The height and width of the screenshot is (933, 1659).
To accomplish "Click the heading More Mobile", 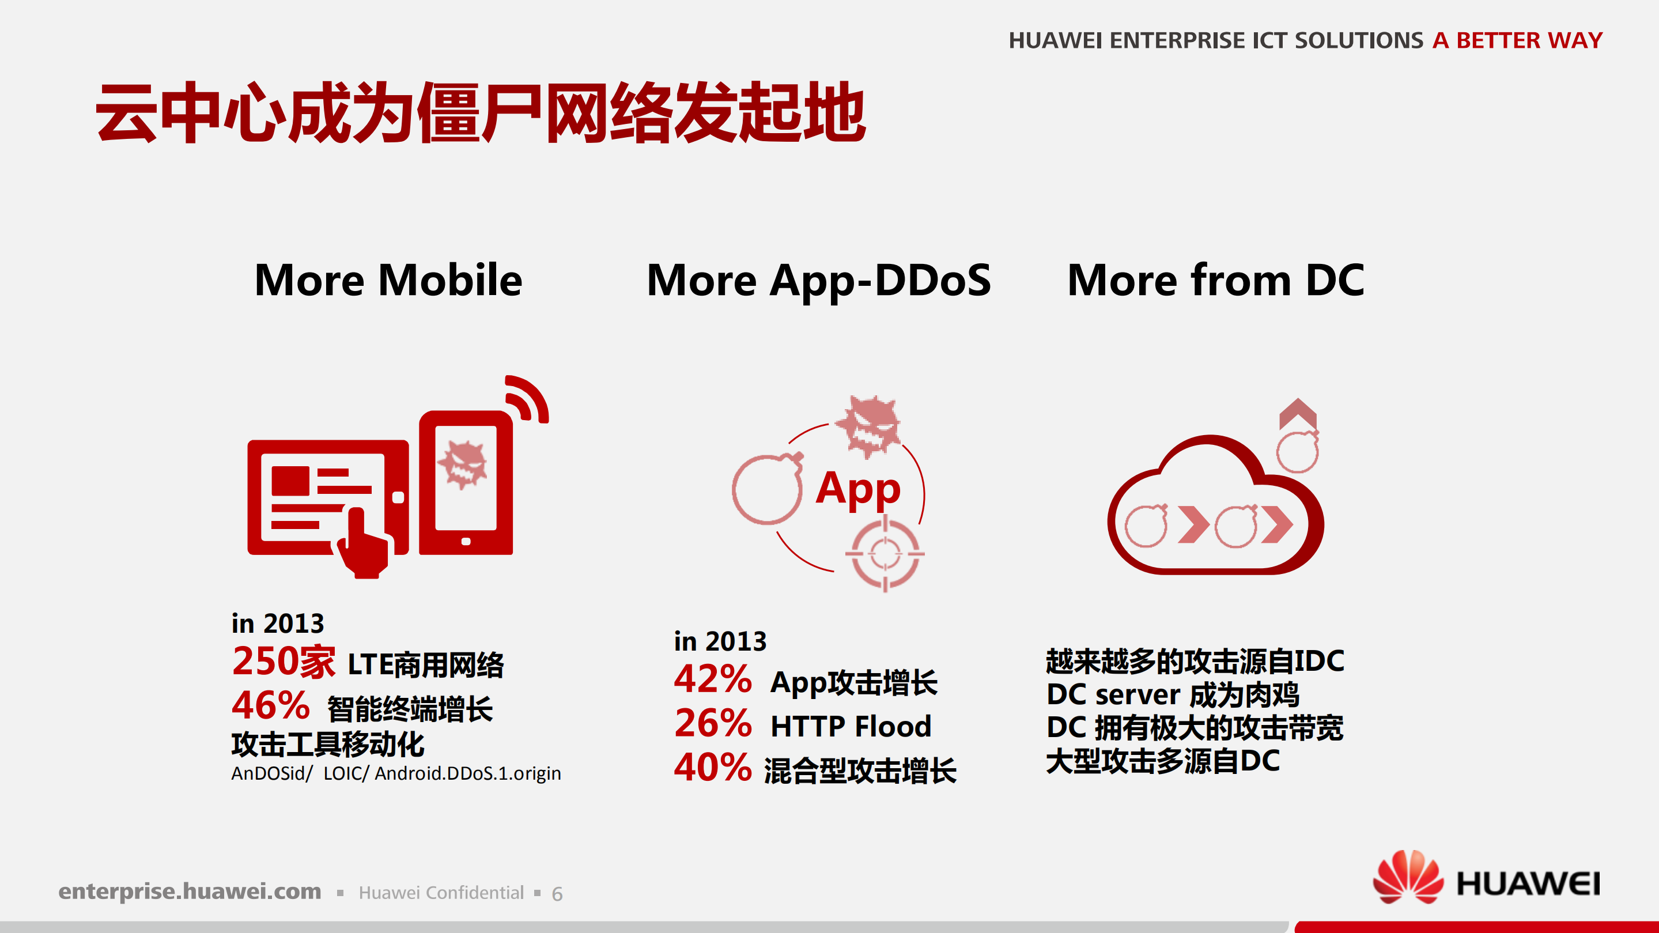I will [388, 280].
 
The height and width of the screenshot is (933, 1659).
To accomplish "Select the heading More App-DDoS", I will [819, 281].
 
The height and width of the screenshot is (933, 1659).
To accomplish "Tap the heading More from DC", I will [1215, 280].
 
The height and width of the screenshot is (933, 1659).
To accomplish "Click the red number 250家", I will [284, 661].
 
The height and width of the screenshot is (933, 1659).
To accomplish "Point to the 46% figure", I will [270, 706].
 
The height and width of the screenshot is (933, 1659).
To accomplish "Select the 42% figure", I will [712, 679].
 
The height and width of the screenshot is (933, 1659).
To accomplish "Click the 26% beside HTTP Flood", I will [712, 724].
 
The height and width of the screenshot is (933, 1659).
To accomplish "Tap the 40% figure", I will [712, 768].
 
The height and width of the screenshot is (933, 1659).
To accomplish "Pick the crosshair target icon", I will [884, 554].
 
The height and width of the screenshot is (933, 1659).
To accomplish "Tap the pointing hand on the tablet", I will [364, 544].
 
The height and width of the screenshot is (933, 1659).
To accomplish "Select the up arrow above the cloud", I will [1297, 412].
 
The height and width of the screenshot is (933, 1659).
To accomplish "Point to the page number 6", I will [557, 894].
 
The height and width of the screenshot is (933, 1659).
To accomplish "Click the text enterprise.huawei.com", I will [190, 891].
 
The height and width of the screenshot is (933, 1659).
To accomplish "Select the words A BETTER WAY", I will [1517, 40].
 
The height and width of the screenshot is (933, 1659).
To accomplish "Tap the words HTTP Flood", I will [851, 726].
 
